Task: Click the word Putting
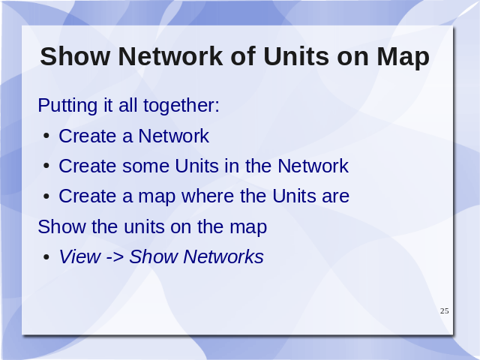[x=68, y=106]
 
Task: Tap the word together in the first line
[x=181, y=106]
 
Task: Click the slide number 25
[x=445, y=311]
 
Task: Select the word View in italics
[x=79, y=256]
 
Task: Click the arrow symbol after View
[x=115, y=257]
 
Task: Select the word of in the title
[x=243, y=56]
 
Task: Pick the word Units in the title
[x=296, y=57]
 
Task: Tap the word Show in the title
[x=75, y=56]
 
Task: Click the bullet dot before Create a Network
[x=46, y=136]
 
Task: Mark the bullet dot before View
[x=46, y=256]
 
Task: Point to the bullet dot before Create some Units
[x=46, y=166]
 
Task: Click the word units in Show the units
[x=143, y=226]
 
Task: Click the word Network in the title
[x=170, y=56]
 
